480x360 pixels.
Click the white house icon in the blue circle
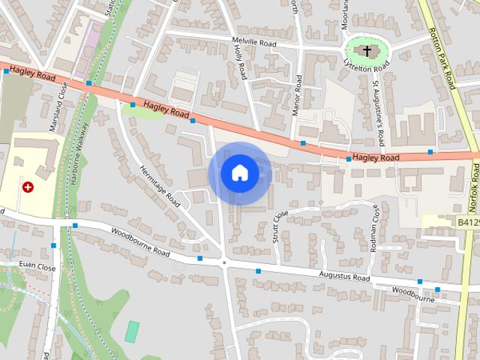click(x=239, y=173)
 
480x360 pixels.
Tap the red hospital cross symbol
click(x=28, y=187)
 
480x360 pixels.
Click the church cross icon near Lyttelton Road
click(x=367, y=51)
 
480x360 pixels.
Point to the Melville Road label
click(x=255, y=44)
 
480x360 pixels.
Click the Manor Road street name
click(x=298, y=93)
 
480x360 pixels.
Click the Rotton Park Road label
click(x=443, y=58)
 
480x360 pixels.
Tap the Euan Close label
click(x=37, y=266)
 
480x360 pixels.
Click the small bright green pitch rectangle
click(x=133, y=329)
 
